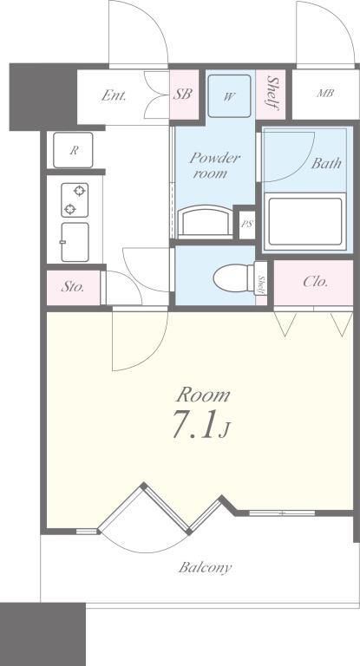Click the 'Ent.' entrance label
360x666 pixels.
tap(114, 95)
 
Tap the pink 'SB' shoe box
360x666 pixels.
tap(182, 95)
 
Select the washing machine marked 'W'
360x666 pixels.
tap(229, 96)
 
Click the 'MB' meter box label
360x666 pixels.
tap(325, 94)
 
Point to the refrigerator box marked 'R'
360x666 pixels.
tap(75, 150)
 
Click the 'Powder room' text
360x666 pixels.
tap(214, 166)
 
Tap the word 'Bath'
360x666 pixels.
tap(326, 162)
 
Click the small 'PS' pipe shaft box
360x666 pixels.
tap(246, 223)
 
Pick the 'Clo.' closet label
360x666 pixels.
tap(314, 282)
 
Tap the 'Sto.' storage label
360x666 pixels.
tap(73, 287)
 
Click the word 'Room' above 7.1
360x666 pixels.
tap(205, 395)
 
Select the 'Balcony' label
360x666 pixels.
tap(205, 568)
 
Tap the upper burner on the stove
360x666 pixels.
tap(79, 190)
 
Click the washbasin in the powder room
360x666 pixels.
tap(206, 220)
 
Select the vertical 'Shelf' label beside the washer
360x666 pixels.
tap(272, 93)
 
